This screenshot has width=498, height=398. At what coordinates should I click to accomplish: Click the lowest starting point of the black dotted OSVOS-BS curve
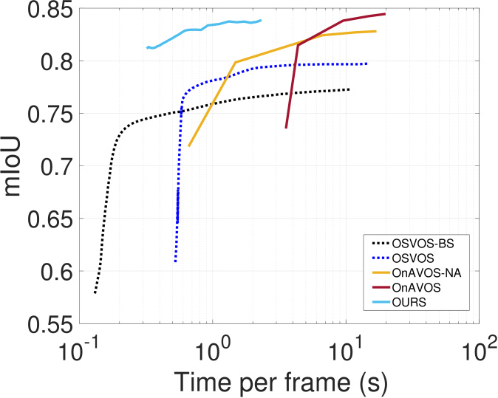point(95,293)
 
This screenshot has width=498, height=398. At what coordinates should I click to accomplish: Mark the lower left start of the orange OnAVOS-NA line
point(189,146)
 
